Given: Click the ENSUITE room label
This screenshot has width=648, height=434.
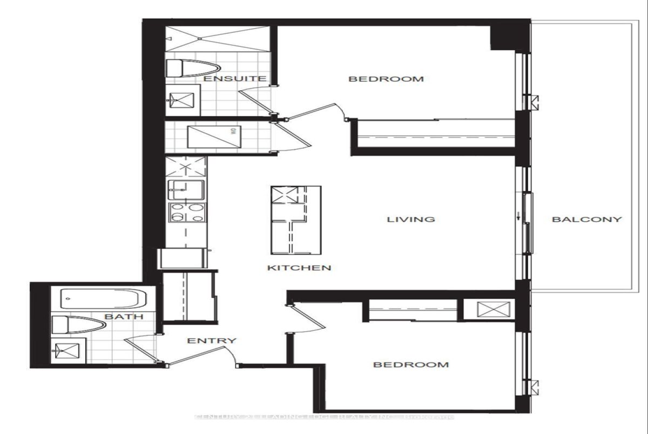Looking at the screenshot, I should pos(234,79).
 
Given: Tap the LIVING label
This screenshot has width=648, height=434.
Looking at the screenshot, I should pos(411,219).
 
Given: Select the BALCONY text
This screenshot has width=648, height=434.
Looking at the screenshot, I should pos(586,219).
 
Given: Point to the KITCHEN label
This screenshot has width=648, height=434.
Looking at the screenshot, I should pos(299,267).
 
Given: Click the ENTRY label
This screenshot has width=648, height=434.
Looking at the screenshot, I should pos(212,341).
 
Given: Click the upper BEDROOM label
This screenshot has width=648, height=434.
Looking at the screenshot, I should pos(386,79).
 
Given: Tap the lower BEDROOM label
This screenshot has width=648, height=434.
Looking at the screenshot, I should pos(411,364).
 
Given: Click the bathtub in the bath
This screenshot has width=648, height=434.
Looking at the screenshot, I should pos(103,298).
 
